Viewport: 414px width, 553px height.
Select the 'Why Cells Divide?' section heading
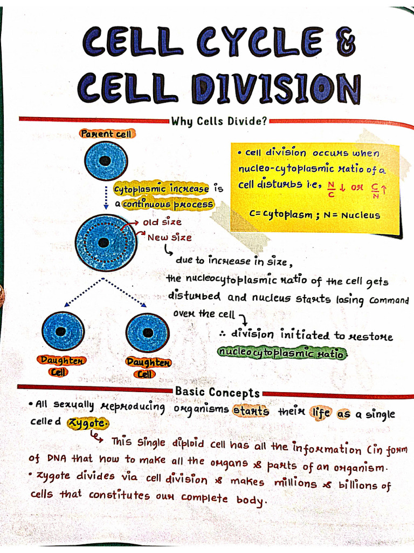point(219,121)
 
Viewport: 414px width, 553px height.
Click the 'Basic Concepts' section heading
point(217,392)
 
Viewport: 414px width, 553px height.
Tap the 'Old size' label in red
point(162,222)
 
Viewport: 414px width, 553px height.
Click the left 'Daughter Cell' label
point(61,366)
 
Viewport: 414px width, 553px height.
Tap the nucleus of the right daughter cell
point(147,332)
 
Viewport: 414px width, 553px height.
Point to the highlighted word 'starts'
point(251,411)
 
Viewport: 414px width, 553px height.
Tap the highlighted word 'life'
point(321,413)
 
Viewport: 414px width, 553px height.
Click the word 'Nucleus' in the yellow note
point(360,215)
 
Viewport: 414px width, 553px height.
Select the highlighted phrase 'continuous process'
point(168,204)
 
